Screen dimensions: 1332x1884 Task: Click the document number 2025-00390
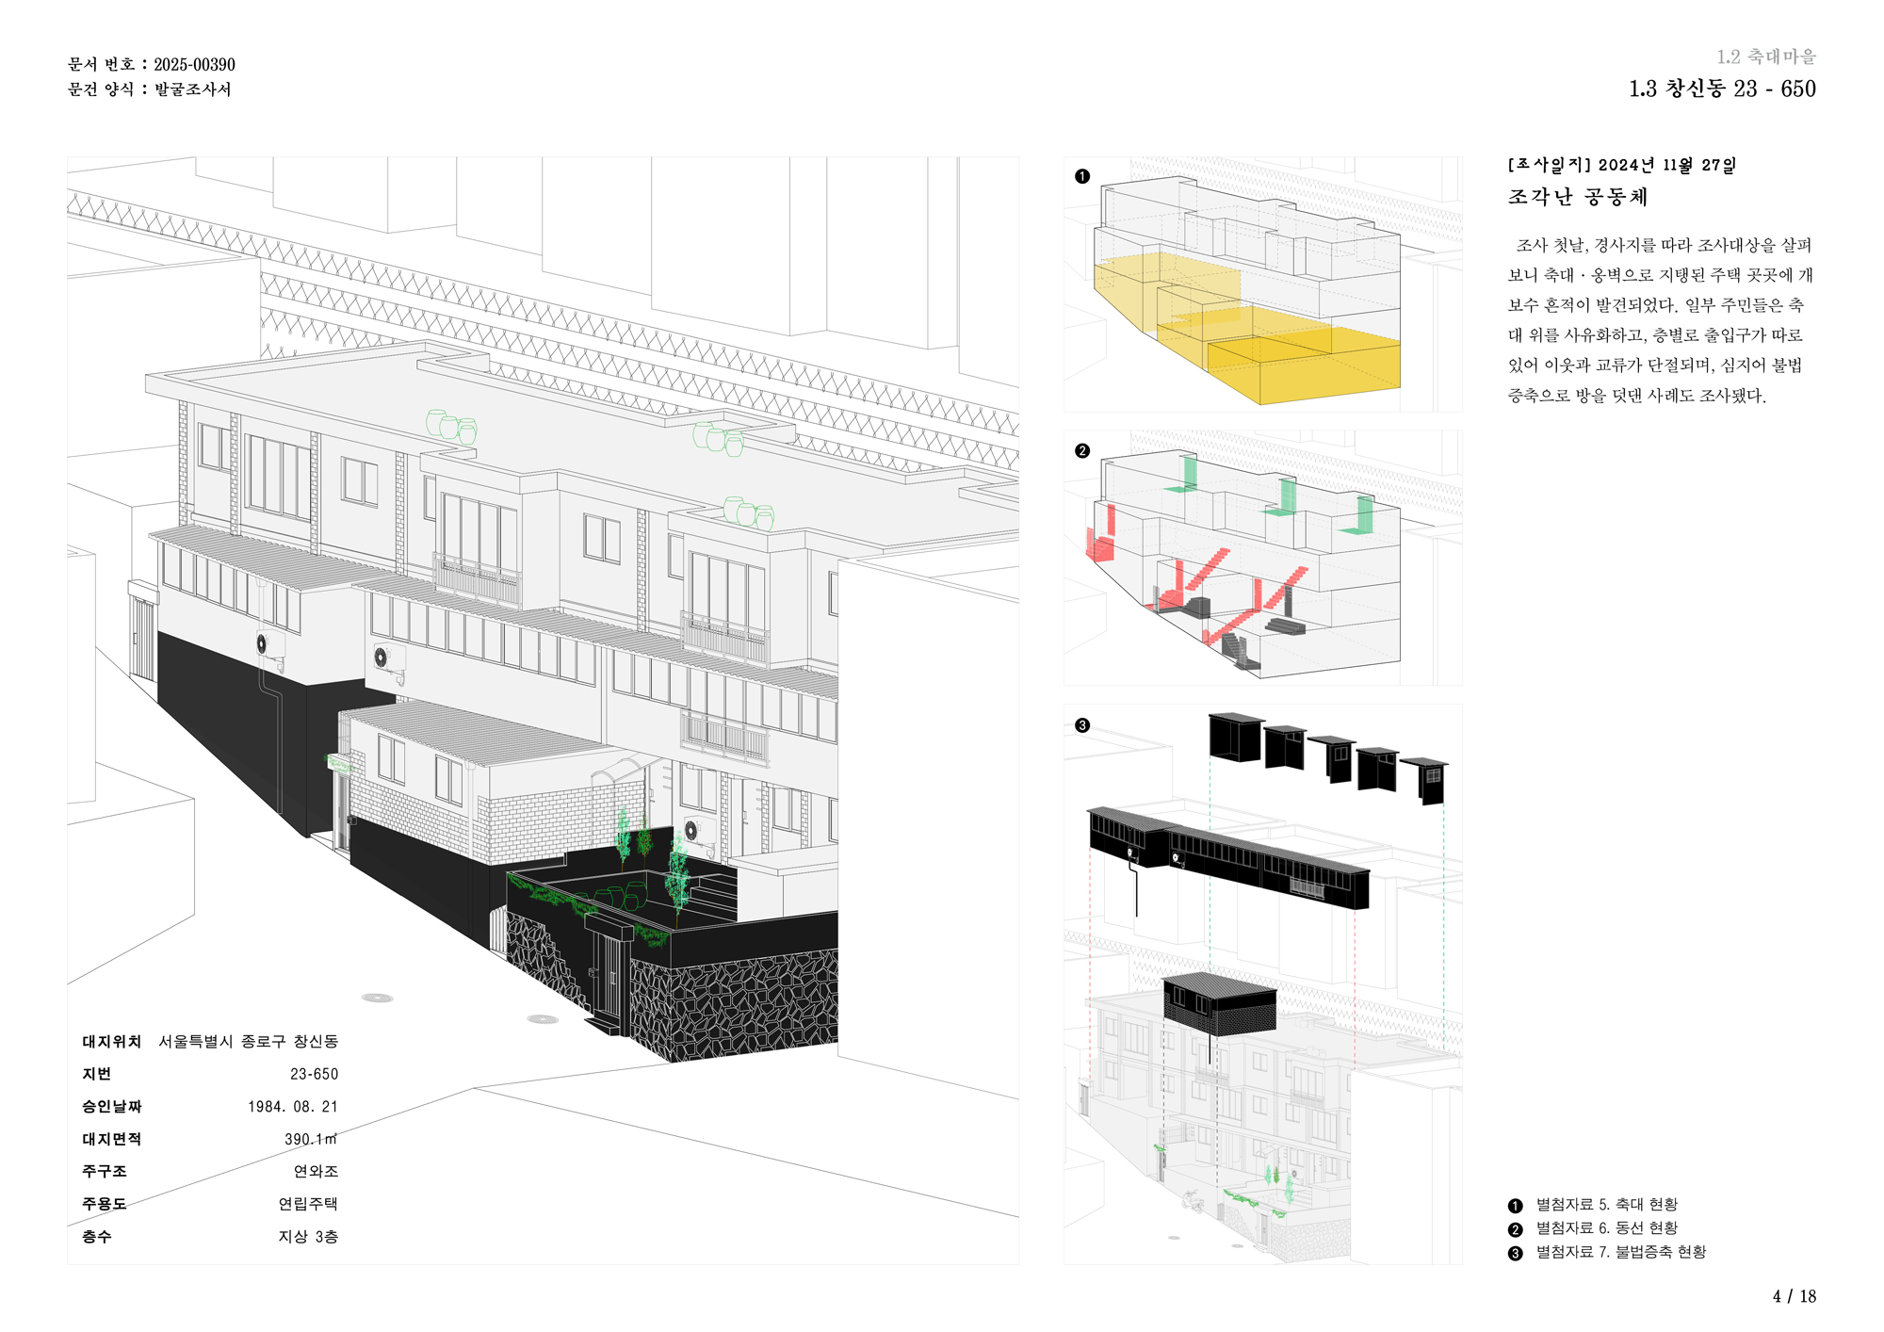194,65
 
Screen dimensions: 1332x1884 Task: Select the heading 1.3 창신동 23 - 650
1721,89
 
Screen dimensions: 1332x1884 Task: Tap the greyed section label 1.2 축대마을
1765,57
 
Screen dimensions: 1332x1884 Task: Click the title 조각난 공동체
1578,197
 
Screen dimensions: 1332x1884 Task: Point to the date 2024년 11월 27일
1666,165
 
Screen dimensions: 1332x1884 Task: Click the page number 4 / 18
1794,1296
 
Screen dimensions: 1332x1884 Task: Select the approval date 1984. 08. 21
292,1107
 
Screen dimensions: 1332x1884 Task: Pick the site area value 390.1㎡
310,1139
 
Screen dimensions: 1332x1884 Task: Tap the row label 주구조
104,1171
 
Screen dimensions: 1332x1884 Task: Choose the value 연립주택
307,1204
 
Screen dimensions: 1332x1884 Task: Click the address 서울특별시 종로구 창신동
248,1041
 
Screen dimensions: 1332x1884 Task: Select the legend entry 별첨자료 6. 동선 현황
1606,1228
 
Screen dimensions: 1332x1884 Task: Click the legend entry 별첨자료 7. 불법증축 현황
1620,1252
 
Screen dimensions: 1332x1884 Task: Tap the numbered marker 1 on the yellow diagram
1082,176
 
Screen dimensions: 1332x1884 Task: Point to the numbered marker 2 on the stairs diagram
1082,451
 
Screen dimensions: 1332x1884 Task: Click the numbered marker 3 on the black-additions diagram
1082,725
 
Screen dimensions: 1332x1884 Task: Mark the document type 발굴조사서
192,89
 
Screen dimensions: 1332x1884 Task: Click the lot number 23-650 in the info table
314,1074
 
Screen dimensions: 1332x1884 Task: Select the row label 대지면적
111,1139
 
